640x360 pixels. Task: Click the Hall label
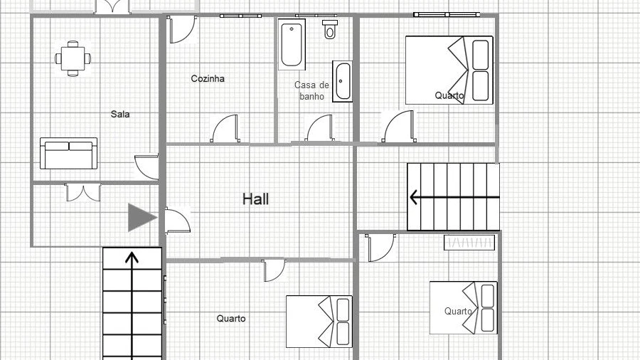point(255,199)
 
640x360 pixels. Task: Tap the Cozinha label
point(208,78)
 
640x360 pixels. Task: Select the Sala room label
point(120,115)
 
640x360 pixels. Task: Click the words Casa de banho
point(312,90)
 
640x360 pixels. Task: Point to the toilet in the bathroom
point(330,29)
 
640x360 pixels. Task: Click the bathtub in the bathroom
point(292,44)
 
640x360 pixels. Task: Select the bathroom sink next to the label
point(342,82)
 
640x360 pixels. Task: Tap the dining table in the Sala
point(73,59)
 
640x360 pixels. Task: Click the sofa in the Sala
point(68,154)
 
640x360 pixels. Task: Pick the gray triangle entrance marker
point(141,218)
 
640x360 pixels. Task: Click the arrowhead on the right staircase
point(413,198)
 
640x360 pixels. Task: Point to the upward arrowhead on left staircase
point(132,257)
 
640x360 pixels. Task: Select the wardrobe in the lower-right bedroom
point(469,243)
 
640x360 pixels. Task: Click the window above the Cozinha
point(240,16)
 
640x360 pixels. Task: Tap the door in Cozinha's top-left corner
point(182,29)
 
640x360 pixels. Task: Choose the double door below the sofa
point(83,193)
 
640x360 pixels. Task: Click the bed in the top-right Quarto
point(449,70)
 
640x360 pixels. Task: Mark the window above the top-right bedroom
point(447,15)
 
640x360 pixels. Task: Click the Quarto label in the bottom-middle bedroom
point(231,318)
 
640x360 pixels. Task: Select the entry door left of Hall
point(178,221)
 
